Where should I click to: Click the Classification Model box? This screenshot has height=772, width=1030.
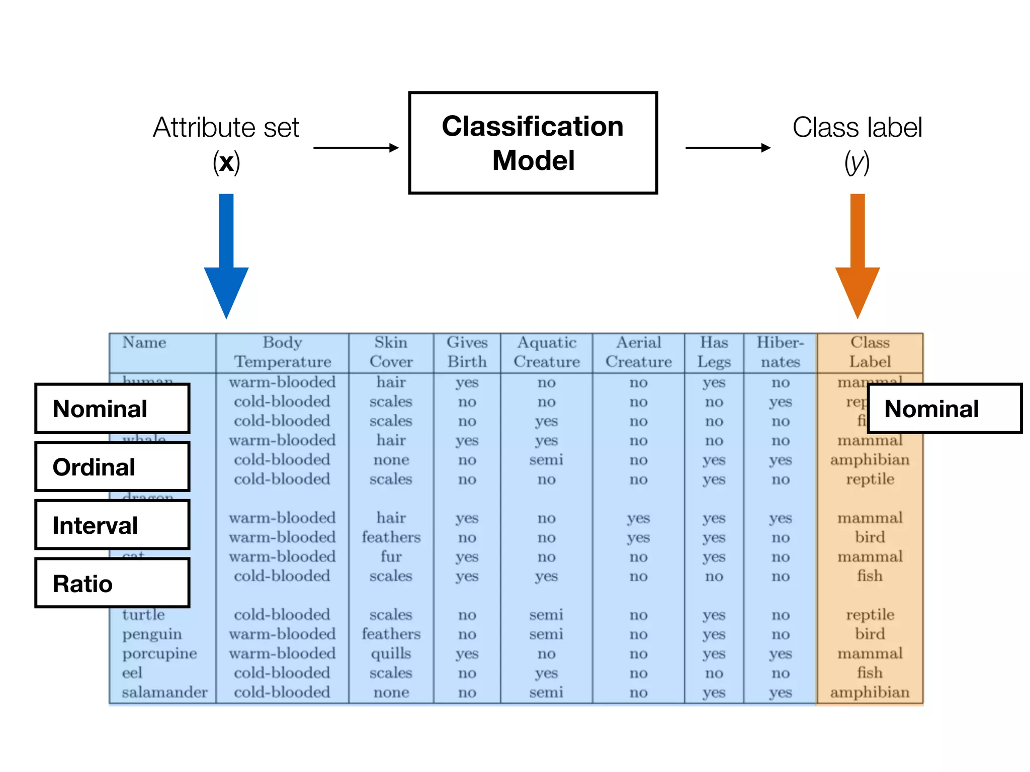point(533,143)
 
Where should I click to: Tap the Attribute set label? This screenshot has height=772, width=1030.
point(226,128)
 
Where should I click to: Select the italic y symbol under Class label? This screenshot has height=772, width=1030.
point(857,162)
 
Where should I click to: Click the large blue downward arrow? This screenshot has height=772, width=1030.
point(226,256)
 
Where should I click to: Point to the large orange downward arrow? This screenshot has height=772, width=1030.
point(857,256)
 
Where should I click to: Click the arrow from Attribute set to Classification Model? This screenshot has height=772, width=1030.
point(356,148)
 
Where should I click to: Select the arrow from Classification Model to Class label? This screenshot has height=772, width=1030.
point(727,148)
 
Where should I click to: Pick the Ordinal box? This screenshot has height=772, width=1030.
point(112,467)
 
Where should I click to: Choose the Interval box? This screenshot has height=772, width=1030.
point(112,525)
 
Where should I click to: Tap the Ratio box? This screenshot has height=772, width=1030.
point(112,583)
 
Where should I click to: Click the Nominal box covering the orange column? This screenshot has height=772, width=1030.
point(945,409)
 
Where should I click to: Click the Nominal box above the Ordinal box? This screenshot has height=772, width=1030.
point(112,409)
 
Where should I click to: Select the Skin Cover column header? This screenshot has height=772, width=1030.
point(391,352)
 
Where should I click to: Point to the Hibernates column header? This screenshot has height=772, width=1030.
point(780,352)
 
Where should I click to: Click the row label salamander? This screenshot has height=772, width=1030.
point(164,692)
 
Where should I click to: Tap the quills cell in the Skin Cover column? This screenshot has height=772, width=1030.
point(391,653)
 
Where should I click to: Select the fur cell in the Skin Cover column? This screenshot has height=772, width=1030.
point(391,556)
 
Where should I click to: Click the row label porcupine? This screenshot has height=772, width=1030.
point(159,653)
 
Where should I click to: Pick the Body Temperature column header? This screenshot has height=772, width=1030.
point(282,352)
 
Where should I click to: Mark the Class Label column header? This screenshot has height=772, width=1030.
point(870,352)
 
